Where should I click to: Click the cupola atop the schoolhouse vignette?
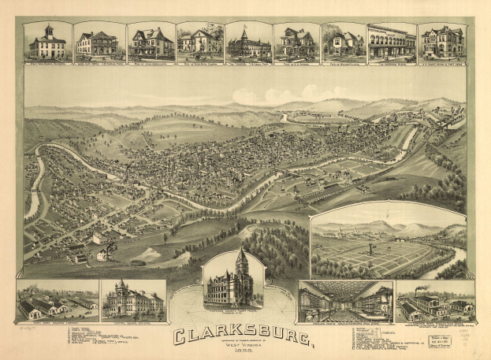pyautogui.click(x=47, y=31)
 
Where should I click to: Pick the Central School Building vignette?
pyautogui.click(x=132, y=299)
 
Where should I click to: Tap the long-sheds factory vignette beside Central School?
pyautogui.click(x=57, y=300)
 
